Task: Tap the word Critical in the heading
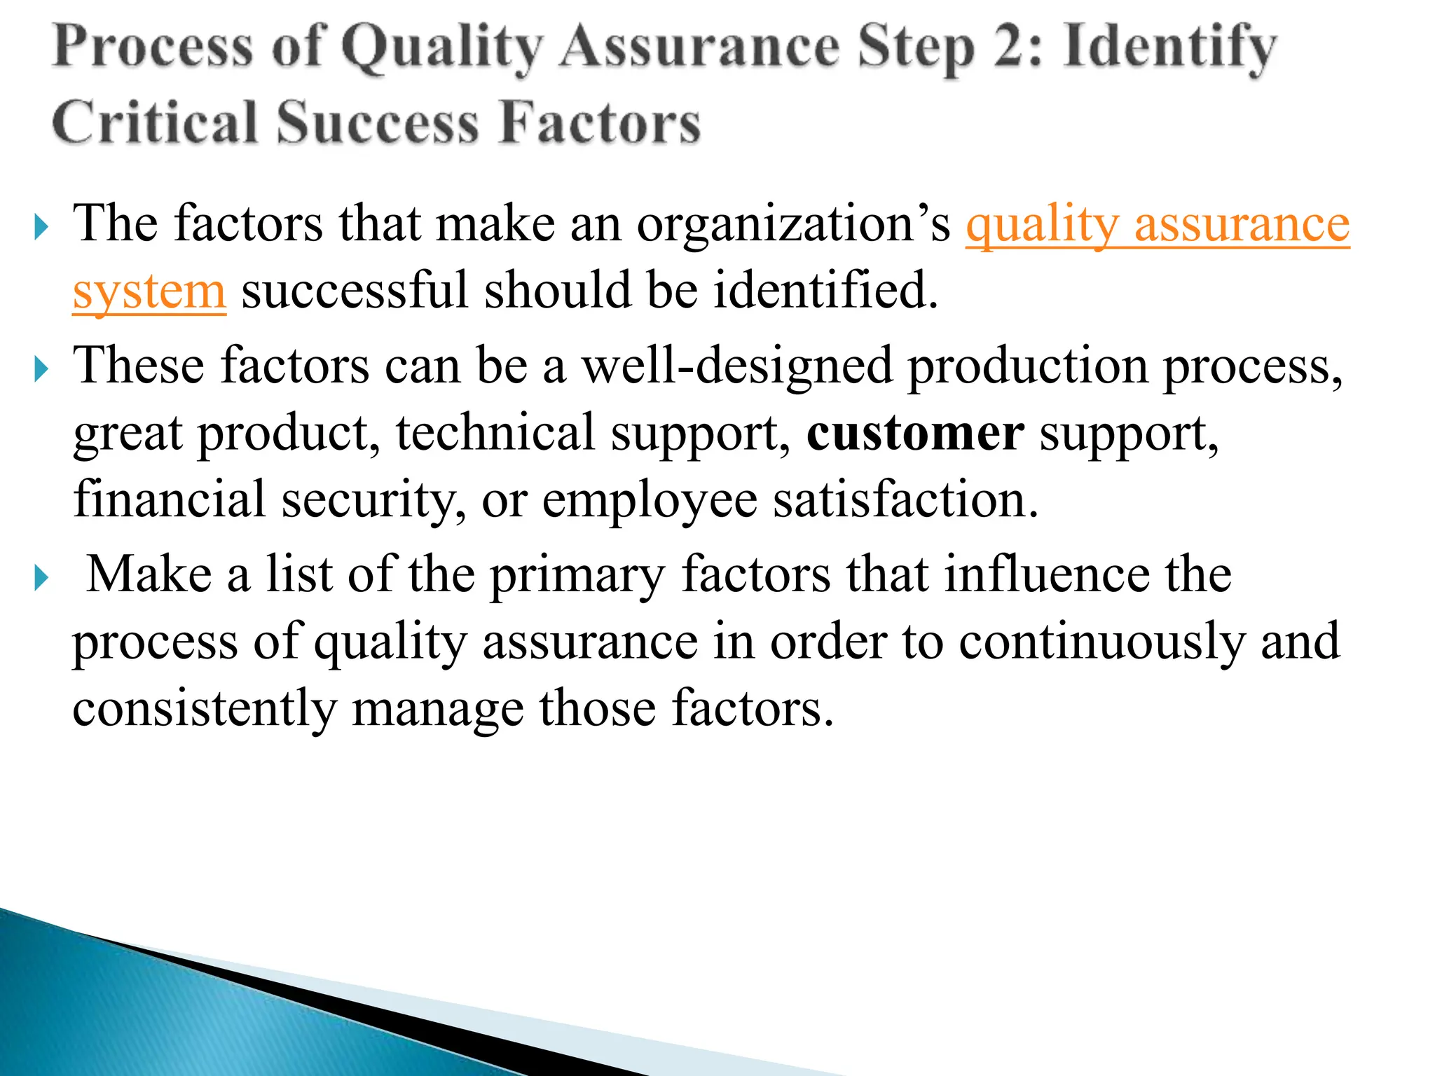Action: point(154,123)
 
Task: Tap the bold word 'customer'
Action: point(915,433)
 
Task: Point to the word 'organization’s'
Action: point(793,224)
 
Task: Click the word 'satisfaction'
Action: point(904,500)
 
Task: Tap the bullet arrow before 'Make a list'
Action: point(41,579)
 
